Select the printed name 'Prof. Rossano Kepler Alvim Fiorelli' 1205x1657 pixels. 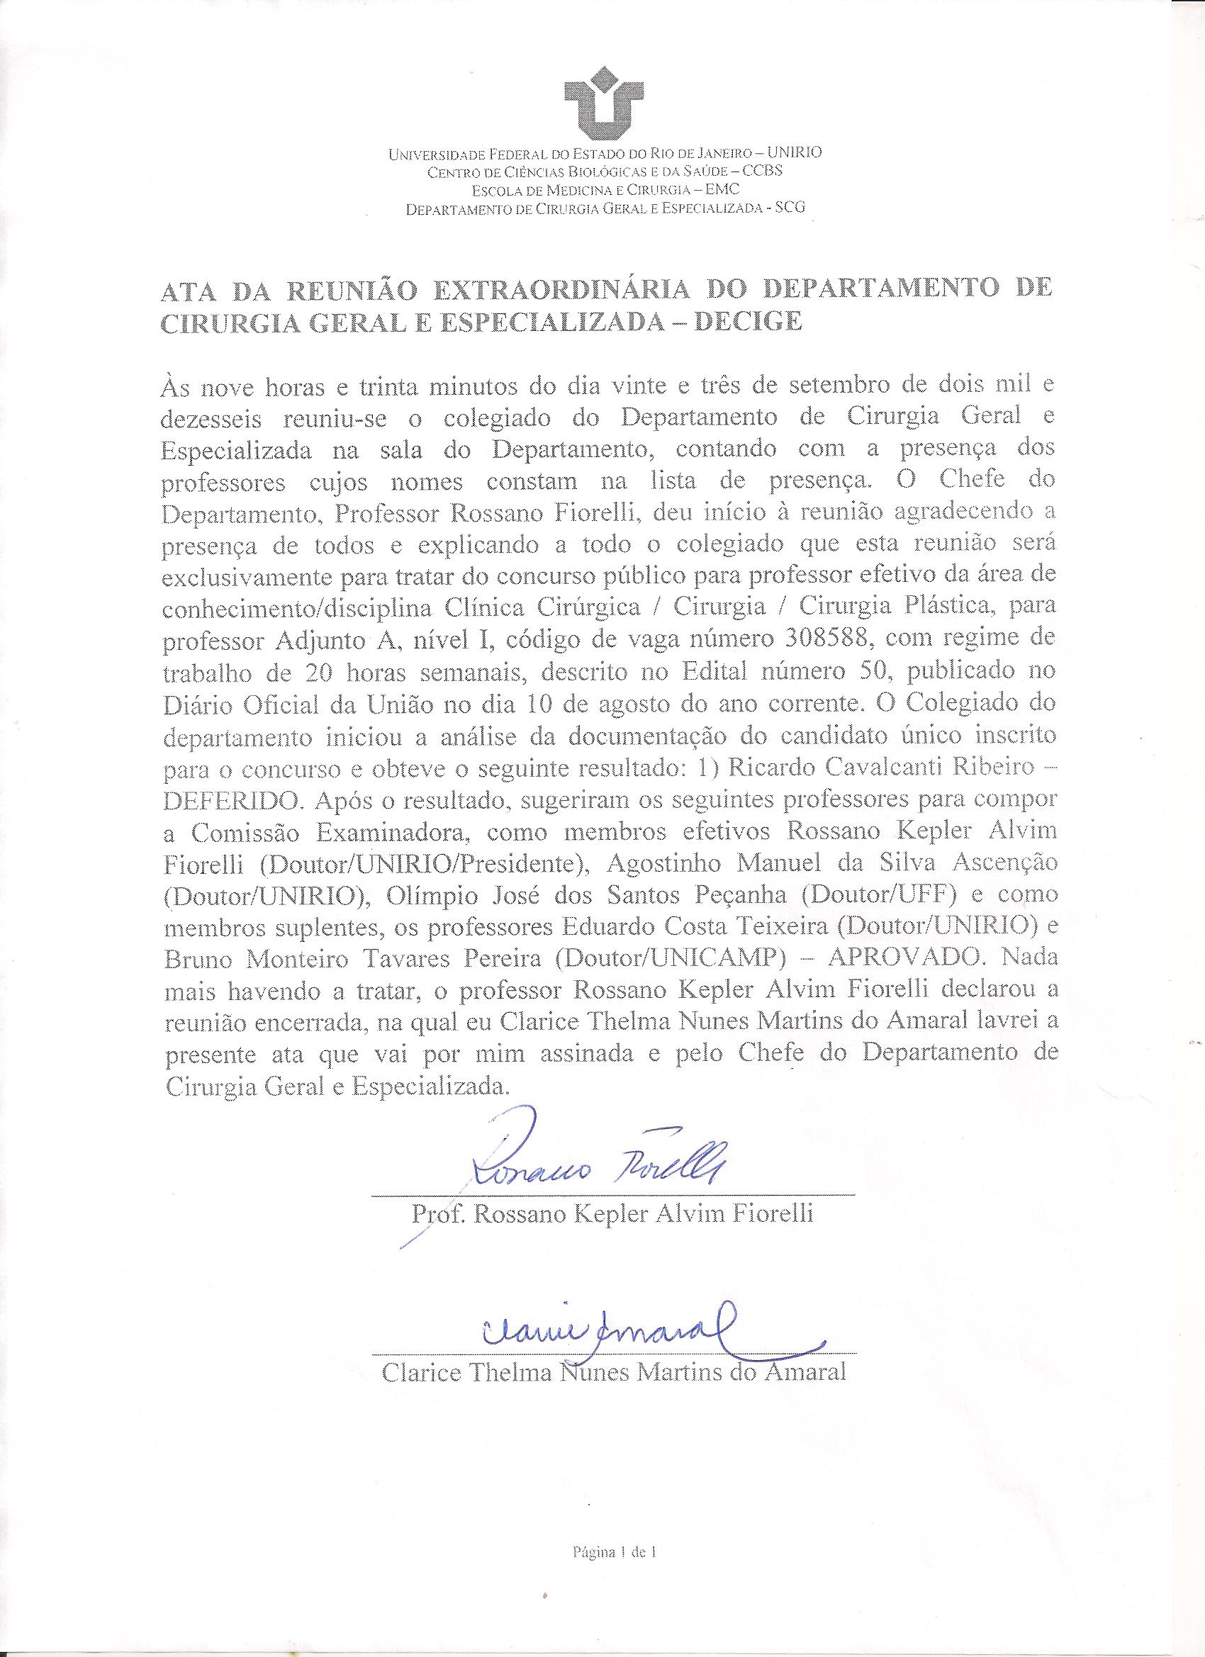tap(612, 1215)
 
